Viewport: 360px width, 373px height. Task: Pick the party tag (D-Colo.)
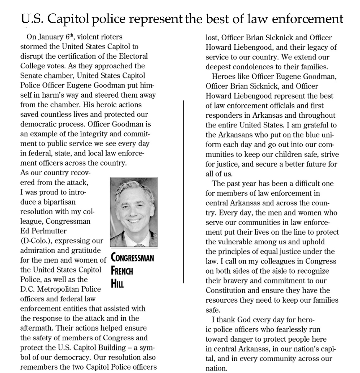(37, 240)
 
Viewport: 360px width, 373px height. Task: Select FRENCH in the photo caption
(122, 270)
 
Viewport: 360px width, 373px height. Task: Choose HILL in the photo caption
(118, 283)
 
